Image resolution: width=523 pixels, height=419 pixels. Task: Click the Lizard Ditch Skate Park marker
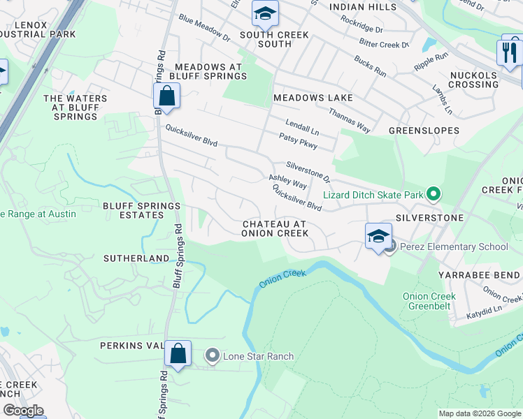coord(434,195)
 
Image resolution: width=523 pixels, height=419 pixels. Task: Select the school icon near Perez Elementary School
coord(378,235)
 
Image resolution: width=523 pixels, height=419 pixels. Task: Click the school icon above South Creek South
coord(265,14)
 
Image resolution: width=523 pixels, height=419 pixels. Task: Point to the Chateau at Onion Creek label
coord(274,229)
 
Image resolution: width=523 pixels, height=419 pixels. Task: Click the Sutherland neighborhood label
coord(136,258)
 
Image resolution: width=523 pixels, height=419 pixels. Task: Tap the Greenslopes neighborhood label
coord(424,131)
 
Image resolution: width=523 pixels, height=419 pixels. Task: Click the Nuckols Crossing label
coord(473,80)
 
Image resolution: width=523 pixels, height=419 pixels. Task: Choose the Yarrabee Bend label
coord(479,275)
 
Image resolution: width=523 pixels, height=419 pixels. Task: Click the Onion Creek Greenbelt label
coord(429,301)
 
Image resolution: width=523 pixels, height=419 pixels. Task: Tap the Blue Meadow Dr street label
coord(203,27)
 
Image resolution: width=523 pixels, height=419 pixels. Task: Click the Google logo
coord(23,411)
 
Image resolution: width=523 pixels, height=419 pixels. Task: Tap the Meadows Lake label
coord(313,98)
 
